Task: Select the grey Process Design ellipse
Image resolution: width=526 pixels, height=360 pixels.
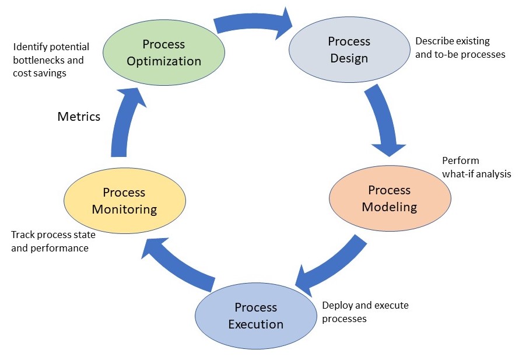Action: pyautogui.click(x=349, y=50)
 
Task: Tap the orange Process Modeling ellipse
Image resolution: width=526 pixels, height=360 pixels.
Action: pyautogui.click(x=390, y=198)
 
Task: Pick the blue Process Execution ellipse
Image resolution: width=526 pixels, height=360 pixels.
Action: pyautogui.click(x=256, y=316)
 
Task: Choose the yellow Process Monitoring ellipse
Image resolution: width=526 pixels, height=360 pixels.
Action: pyautogui.click(x=124, y=200)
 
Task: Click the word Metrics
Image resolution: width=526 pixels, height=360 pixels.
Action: pyautogui.click(x=79, y=117)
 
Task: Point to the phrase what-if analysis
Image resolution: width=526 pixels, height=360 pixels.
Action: pyautogui.click(x=476, y=173)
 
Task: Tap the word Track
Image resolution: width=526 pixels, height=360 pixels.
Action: pyautogui.click(x=24, y=235)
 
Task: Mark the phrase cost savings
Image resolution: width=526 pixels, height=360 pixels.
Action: pyautogui.click(x=41, y=74)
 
